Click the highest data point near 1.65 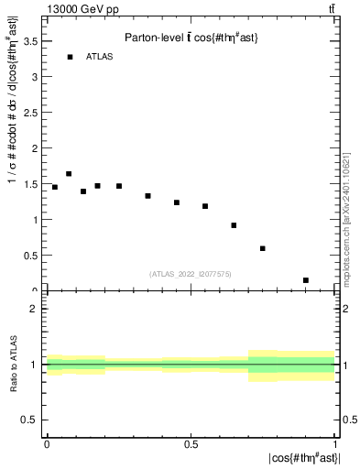point(69,173)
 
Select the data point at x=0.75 point(263,248)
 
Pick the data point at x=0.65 point(235,225)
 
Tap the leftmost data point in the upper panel point(55,187)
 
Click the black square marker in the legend point(69,57)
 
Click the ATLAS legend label point(99,57)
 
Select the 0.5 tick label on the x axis point(191,443)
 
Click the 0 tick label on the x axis point(47,443)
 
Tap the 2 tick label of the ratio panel point(36,309)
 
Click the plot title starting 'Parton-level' point(191,37)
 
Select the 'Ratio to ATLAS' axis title point(15,365)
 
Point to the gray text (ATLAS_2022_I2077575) point(191,273)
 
